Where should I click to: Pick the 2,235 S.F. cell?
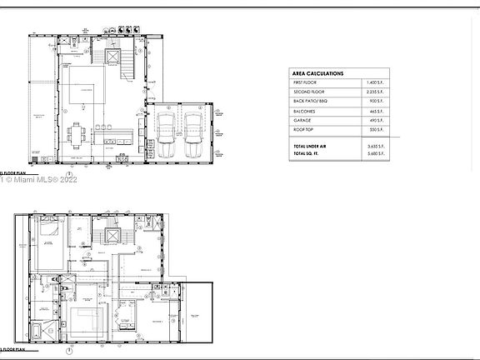pyautogui.click(x=375, y=95)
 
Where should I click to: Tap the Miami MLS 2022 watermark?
pyautogui.click(x=37, y=178)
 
